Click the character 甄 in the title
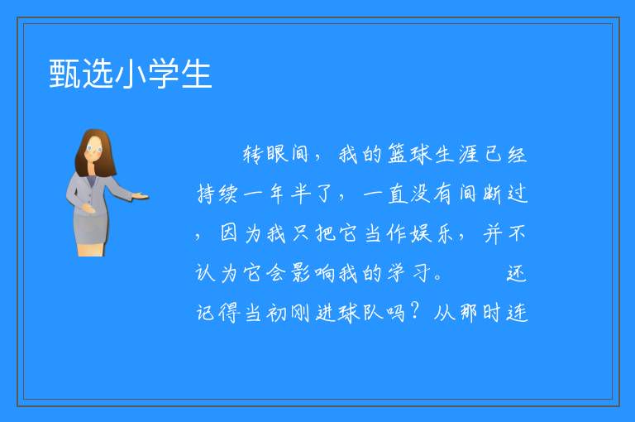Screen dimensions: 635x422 click(65, 74)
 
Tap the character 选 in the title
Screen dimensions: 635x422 click(98, 74)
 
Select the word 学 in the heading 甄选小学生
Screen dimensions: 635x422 click(163, 74)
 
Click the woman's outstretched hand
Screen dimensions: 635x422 click(140, 197)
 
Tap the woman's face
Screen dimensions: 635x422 click(94, 149)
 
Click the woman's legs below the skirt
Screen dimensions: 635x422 click(90, 250)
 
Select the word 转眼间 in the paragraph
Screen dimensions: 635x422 click(275, 154)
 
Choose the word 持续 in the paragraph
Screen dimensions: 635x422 click(217, 194)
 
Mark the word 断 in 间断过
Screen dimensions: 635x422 click(493, 194)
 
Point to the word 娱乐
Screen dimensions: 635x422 click(432, 233)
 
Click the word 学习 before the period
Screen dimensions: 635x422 click(408, 273)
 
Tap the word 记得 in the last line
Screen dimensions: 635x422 click(217, 313)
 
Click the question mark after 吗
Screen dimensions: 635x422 click(415, 311)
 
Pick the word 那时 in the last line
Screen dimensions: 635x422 click(480, 313)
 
